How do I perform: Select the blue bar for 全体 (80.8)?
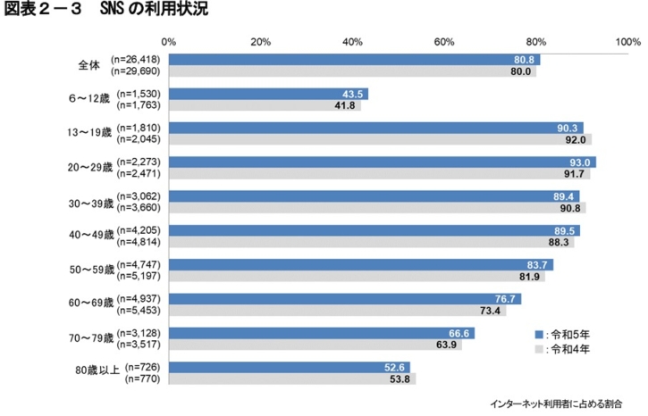[x=353, y=59]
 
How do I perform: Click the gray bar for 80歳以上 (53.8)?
[x=291, y=379]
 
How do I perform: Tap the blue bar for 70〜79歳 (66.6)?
[x=321, y=332]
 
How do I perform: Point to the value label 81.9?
[x=531, y=277]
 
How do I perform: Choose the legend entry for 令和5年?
[x=568, y=331]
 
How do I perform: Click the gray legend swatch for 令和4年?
[x=539, y=348]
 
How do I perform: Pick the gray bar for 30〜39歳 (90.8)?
[x=376, y=208]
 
